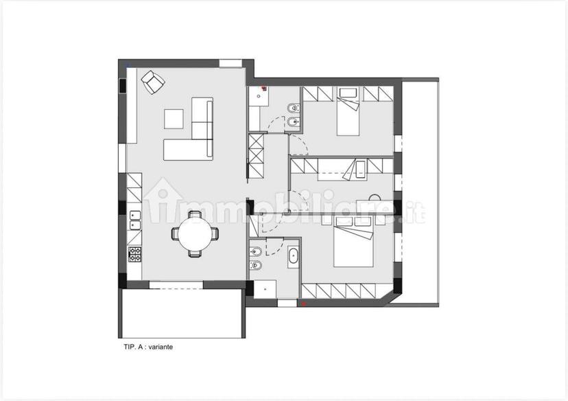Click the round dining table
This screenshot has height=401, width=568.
coord(196,234)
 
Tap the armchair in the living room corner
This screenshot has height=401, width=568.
coord(153,82)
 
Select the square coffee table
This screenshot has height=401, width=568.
coord(174,119)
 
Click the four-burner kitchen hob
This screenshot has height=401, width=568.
coord(135,254)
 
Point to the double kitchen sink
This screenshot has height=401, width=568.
coord(135,220)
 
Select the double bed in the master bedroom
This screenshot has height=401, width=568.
coord(353,242)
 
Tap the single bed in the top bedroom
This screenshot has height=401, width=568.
coord(348,111)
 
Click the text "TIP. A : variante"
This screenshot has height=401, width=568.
coord(148,347)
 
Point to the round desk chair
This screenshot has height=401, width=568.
coord(375,198)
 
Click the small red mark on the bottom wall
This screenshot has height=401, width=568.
coord(304,303)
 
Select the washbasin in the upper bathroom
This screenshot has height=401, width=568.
coord(259,95)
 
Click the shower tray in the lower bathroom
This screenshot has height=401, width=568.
coord(265,289)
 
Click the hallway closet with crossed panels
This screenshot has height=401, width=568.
coord(257,156)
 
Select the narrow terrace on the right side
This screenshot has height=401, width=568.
coord(421,192)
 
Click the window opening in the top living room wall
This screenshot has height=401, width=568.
coord(230,63)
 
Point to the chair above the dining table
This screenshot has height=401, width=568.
coord(196,214)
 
